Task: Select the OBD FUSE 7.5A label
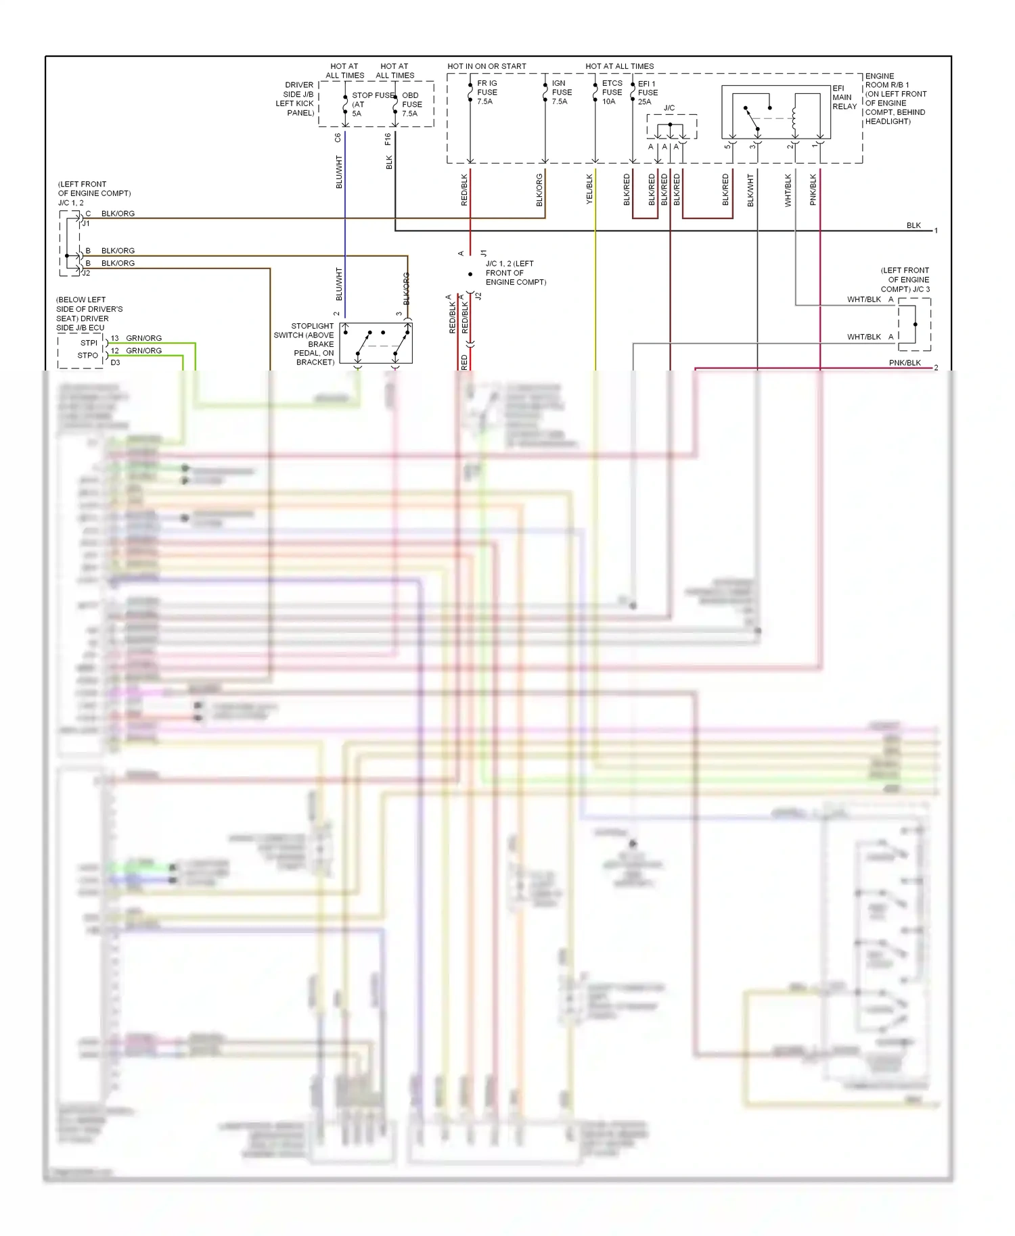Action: (x=411, y=104)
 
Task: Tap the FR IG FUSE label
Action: (x=487, y=93)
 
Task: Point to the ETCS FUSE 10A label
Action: (x=612, y=93)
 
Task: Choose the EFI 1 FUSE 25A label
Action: (x=647, y=93)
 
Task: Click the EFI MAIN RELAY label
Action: (x=844, y=97)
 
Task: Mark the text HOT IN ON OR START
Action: (x=487, y=66)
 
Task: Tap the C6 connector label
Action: (x=338, y=138)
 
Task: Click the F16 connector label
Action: (x=388, y=139)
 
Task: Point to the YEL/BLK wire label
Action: (x=589, y=189)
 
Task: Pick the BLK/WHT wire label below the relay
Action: (x=750, y=190)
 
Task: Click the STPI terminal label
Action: (x=89, y=343)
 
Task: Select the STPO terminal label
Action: (x=88, y=355)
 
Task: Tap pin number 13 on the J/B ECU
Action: (x=115, y=338)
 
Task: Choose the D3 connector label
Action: (x=116, y=362)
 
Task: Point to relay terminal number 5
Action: (x=727, y=146)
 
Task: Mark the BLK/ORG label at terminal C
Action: (x=118, y=214)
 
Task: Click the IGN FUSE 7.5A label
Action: (x=562, y=93)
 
